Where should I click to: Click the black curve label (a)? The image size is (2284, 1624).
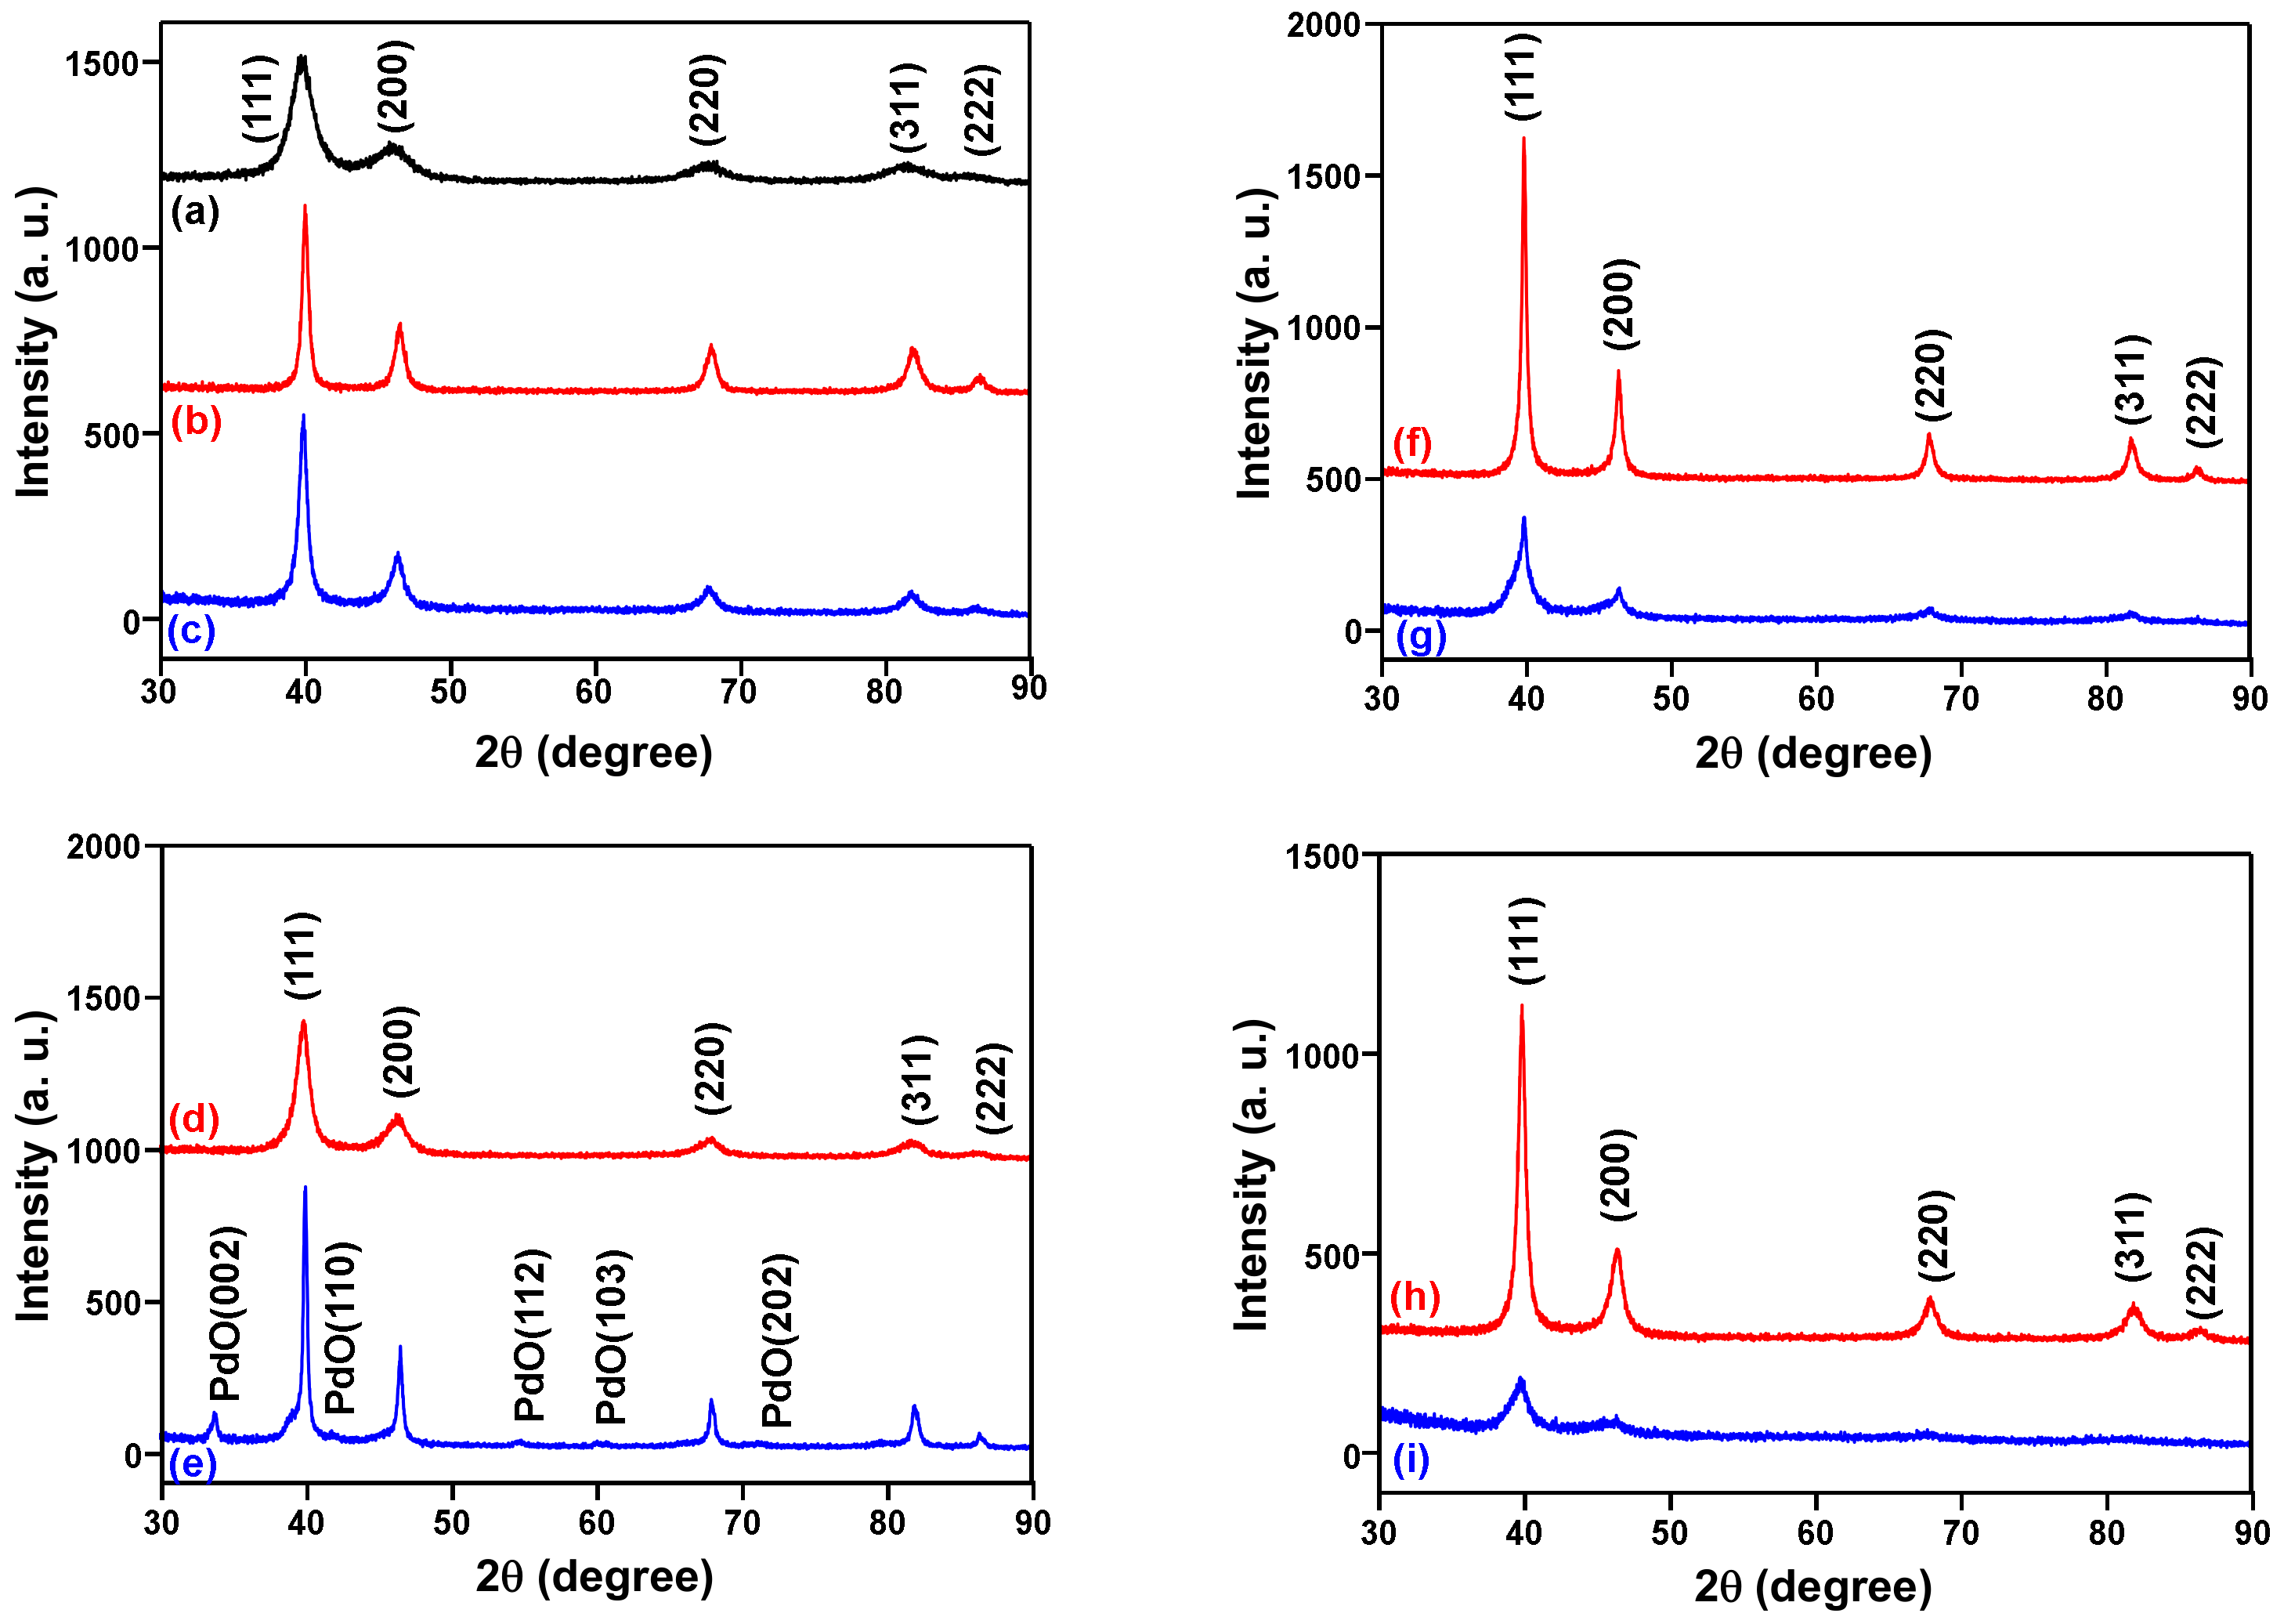(x=195, y=212)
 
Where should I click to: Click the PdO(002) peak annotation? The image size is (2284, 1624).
(x=226, y=1312)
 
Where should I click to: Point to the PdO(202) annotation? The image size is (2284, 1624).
(x=778, y=1339)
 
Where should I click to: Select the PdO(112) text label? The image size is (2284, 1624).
(x=531, y=1334)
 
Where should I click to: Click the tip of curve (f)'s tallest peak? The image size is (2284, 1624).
(x=1523, y=138)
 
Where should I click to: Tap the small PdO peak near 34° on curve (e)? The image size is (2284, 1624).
(x=214, y=1414)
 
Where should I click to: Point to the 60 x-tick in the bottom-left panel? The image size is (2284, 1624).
(x=597, y=1523)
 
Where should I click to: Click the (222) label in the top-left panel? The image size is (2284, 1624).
(x=981, y=109)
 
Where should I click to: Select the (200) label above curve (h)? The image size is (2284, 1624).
(x=1617, y=1175)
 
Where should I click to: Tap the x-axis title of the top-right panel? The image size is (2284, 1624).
(x=1813, y=753)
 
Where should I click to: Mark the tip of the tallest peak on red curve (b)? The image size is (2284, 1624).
(x=305, y=206)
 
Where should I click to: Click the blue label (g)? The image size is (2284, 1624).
(x=1420, y=636)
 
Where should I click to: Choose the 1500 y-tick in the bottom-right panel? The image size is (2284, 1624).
(x=1321, y=857)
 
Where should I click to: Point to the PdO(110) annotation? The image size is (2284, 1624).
(x=341, y=1327)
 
